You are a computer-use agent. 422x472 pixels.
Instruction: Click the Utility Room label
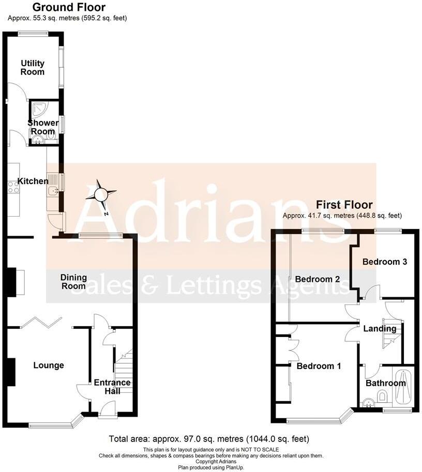pos(33,68)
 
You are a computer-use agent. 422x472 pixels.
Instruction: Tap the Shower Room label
pos(43,127)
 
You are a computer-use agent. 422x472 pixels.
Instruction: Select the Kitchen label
pos(33,181)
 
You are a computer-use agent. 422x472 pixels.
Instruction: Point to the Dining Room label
pos(74,282)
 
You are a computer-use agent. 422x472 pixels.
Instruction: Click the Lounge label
pos(49,366)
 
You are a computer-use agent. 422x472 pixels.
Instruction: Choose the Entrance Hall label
pos(112,387)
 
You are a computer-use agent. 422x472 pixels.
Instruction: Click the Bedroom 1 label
pos(319,366)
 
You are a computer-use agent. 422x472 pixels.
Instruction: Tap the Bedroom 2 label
pos(317,279)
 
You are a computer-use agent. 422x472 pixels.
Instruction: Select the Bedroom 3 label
pos(384,262)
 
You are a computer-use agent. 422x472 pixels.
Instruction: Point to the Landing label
pos(380,329)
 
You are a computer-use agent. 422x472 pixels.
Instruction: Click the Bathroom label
pos(386,383)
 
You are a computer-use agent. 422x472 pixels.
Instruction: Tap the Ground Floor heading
pos(69,7)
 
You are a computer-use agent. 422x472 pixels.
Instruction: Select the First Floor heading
pos(344,205)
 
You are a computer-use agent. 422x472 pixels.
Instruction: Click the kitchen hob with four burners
pos(13,187)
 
